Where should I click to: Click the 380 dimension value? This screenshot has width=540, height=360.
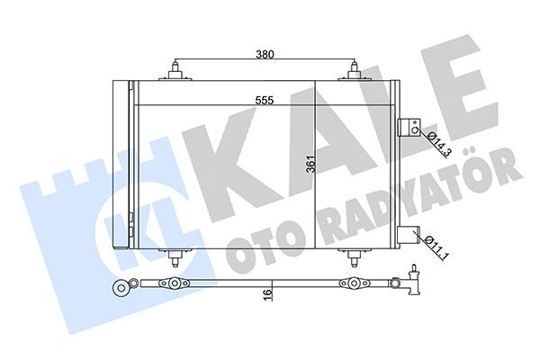[265, 54]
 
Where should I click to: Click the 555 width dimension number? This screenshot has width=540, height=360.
[265, 100]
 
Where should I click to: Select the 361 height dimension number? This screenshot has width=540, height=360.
[310, 165]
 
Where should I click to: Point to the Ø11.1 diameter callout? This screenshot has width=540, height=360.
[436, 247]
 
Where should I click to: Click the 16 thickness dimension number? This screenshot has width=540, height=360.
[268, 294]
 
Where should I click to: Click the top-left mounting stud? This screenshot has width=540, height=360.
[175, 71]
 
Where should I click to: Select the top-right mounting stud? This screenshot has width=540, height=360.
[354, 71]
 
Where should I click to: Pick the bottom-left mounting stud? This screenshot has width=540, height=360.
[175, 256]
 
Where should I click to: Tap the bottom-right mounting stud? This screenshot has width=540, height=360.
[354, 256]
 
